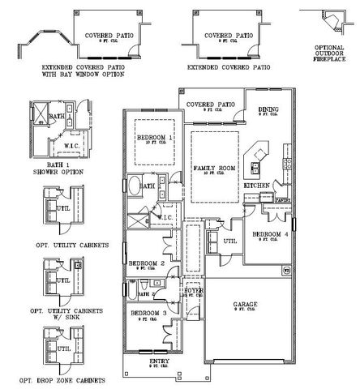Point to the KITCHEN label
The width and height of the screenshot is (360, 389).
click(257, 186)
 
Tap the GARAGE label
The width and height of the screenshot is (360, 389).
click(246, 305)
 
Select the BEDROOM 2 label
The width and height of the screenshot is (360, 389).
click(147, 263)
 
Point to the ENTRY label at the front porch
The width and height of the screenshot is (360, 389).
click(160, 361)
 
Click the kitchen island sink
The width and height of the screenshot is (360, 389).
click(255, 168)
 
